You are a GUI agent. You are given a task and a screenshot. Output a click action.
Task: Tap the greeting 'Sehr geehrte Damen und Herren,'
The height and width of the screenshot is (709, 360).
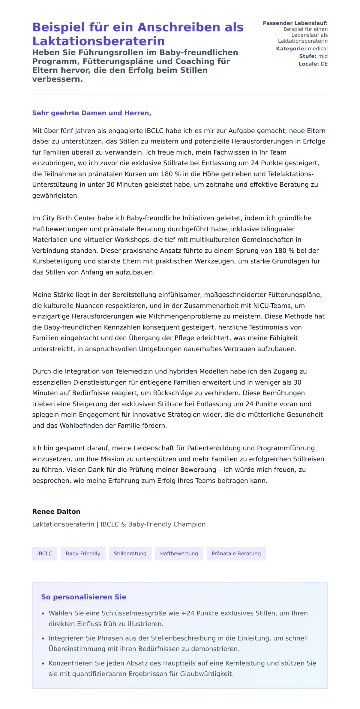pyautogui.click(x=91, y=113)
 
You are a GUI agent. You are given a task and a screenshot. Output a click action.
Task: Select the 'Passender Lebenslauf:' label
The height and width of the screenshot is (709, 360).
pyautogui.click(x=295, y=23)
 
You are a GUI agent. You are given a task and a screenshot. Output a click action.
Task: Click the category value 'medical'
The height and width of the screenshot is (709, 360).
pyautogui.click(x=318, y=49)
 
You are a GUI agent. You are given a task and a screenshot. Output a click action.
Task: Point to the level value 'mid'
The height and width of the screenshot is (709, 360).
pyautogui.click(x=323, y=56)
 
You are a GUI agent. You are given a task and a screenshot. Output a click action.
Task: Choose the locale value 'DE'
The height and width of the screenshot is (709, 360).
pyautogui.click(x=324, y=64)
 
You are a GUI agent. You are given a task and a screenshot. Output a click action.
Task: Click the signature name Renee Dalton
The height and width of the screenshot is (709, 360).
pyautogui.click(x=56, y=512)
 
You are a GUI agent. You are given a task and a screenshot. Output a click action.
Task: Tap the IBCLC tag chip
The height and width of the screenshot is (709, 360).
pyautogui.click(x=45, y=554)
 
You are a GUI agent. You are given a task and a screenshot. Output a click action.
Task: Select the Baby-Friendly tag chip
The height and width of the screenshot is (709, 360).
pyautogui.click(x=83, y=554)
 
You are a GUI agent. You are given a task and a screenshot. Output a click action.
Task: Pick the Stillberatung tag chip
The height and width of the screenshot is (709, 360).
pyautogui.click(x=130, y=554)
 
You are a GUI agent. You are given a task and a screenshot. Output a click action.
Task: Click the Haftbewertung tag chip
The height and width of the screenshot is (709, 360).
pyautogui.click(x=179, y=554)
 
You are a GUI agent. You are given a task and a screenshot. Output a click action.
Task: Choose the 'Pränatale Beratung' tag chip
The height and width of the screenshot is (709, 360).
pyautogui.click(x=236, y=554)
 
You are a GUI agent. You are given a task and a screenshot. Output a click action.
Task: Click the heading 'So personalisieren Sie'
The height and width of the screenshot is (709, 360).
pyautogui.click(x=84, y=597)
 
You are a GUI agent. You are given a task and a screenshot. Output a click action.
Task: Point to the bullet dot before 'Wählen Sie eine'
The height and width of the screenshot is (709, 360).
pyautogui.click(x=43, y=614)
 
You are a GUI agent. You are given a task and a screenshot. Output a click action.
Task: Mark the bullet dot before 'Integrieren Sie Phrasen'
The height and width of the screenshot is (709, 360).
pyautogui.click(x=43, y=639)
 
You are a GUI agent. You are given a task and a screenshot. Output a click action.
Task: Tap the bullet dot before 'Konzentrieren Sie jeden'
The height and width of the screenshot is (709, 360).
pyautogui.click(x=43, y=664)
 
